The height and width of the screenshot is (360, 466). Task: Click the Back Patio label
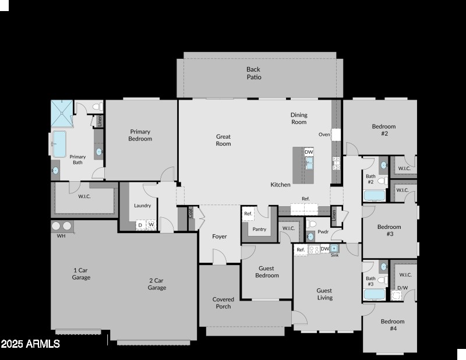pyautogui.click(x=254, y=73)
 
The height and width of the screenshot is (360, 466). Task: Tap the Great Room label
pyautogui.click(x=223, y=140)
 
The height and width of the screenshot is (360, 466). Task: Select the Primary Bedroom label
pyautogui.click(x=140, y=135)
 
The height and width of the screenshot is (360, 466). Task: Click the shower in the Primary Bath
pyautogui.click(x=61, y=113)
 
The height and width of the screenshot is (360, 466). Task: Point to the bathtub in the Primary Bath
pyautogui.click(x=59, y=144)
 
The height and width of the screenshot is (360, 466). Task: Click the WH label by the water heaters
pyautogui.click(x=61, y=236)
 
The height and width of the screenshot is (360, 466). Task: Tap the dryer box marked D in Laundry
pyautogui.click(x=140, y=225)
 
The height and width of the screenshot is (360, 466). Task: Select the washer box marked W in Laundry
pyautogui.click(x=151, y=224)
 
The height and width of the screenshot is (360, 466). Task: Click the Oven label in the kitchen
pyautogui.click(x=324, y=135)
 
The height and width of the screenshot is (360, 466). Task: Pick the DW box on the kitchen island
pyautogui.click(x=309, y=152)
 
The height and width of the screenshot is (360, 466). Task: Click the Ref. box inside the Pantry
pyautogui.click(x=248, y=214)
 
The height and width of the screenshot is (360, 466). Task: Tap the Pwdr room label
pyautogui.click(x=323, y=231)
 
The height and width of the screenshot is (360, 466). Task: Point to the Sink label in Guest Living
pyautogui.click(x=334, y=255)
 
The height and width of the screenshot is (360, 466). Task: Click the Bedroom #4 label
pyautogui.click(x=393, y=324)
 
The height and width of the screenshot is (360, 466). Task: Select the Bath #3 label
pyautogui.click(x=370, y=281)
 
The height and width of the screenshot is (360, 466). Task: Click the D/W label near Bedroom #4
pyautogui.click(x=403, y=288)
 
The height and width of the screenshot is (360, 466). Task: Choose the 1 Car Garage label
pyautogui.click(x=81, y=274)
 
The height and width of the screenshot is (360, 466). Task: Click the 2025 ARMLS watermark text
pyautogui.click(x=30, y=344)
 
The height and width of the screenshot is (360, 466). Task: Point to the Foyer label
pyautogui.click(x=220, y=237)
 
